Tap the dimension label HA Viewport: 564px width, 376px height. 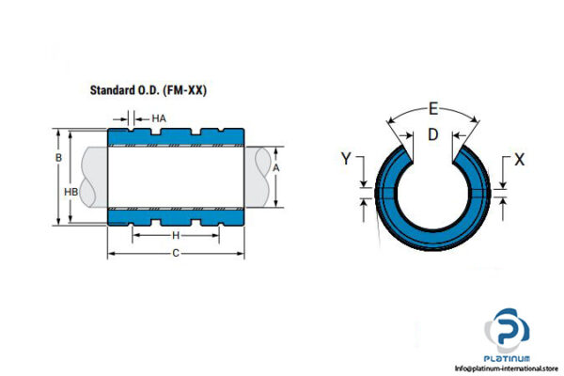159,118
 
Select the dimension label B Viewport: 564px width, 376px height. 58,158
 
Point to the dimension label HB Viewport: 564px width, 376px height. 70,191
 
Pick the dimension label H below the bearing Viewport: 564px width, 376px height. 176,235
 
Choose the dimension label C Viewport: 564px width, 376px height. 176,254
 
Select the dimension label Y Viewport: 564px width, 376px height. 346,159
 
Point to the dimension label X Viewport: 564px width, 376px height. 520,159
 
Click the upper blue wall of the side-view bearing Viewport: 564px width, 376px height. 176,139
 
